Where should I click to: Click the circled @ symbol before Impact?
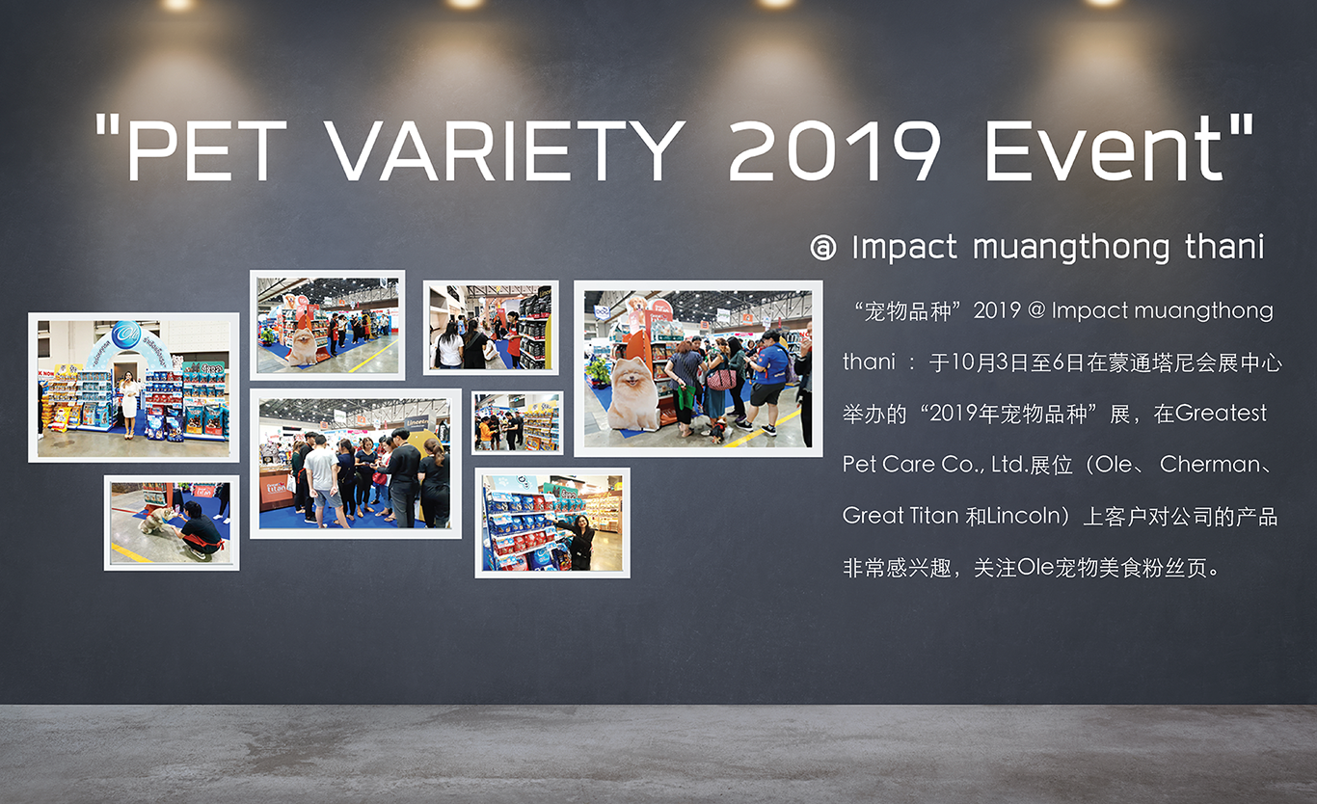822,248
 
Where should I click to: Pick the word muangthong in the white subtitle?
1070,248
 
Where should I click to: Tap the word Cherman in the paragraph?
1210,465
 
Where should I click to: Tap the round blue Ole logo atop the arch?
126,334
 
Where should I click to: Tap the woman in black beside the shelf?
579,541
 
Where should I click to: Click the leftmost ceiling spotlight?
177,5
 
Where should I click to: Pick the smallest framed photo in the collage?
518,422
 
